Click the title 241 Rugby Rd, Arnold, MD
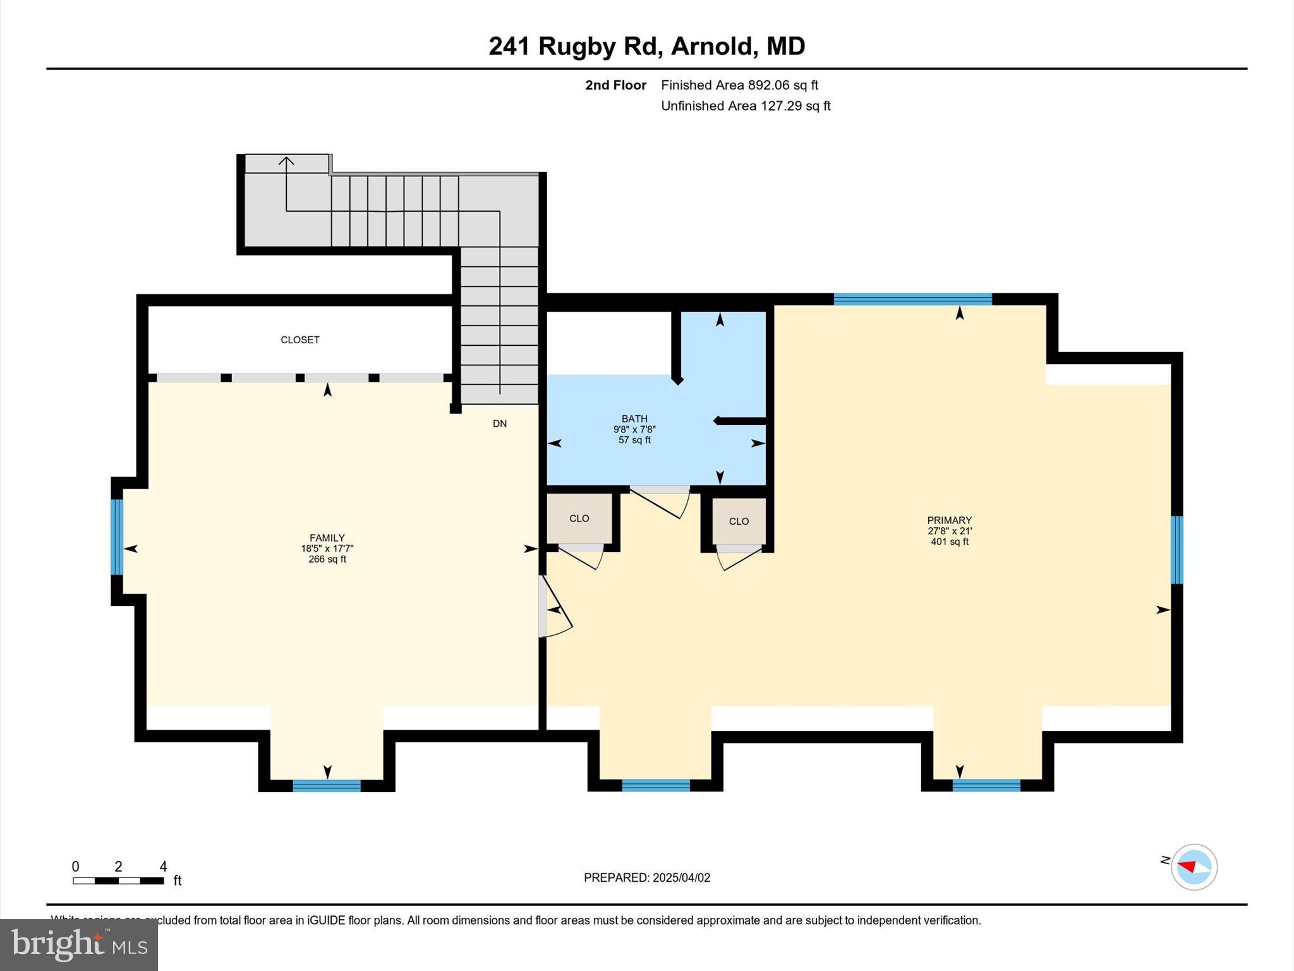click(646, 46)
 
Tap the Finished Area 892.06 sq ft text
click(739, 85)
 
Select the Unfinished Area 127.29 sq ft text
click(746, 106)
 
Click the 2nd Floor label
click(615, 85)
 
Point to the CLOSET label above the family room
click(299, 339)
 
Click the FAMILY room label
click(327, 539)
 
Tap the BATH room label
click(634, 418)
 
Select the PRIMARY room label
click(949, 520)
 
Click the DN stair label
click(499, 424)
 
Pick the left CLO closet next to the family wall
click(579, 518)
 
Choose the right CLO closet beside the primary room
click(739, 521)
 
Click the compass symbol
click(1194, 867)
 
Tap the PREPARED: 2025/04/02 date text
click(646, 877)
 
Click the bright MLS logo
click(78, 944)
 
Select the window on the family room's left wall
click(117, 537)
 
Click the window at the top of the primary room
click(912, 299)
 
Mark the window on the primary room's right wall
click(1176, 549)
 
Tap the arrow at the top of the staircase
click(286, 162)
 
